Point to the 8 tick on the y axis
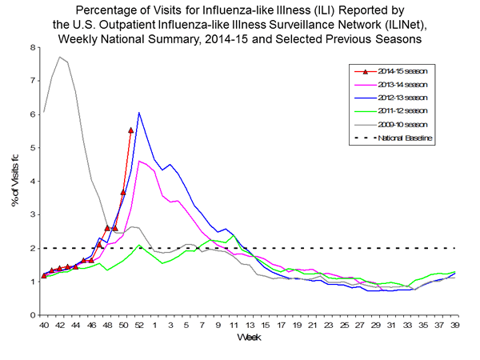[x=32, y=47]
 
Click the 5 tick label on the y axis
[x=32, y=148]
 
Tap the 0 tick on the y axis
[x=32, y=315]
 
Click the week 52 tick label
[x=138, y=325]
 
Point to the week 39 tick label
[x=454, y=325]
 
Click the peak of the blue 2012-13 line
[x=139, y=113]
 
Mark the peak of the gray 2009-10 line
[x=59, y=57]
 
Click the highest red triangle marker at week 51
[x=131, y=130]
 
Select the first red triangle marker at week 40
[x=44, y=276]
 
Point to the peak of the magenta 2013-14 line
[x=140, y=161]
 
